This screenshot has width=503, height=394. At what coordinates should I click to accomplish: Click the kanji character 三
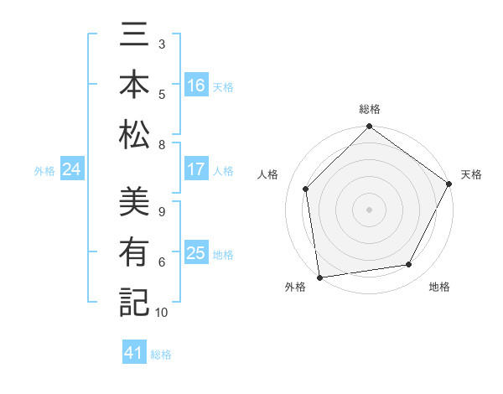click(133, 37)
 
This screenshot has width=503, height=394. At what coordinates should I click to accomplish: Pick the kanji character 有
click(133, 252)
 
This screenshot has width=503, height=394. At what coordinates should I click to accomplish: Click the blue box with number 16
click(196, 85)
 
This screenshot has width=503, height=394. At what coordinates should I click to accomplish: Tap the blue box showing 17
click(196, 169)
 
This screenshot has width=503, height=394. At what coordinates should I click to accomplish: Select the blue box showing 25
click(196, 253)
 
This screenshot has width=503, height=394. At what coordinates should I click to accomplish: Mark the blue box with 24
click(71, 169)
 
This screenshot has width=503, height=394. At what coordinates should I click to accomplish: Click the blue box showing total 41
click(135, 353)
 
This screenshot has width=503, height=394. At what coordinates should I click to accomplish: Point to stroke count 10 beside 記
click(162, 313)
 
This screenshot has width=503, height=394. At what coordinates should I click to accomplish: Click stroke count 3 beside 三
click(162, 44)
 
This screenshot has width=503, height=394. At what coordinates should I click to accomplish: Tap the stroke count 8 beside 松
click(162, 145)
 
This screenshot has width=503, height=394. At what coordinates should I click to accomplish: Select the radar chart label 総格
click(370, 109)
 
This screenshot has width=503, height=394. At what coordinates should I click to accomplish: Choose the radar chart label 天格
click(472, 174)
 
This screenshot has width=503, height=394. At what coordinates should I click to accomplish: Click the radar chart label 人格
click(268, 174)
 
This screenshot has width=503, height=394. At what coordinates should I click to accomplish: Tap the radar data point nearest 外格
click(319, 277)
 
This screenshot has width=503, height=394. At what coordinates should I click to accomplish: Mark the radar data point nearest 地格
click(409, 264)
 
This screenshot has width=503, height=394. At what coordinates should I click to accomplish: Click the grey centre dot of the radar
click(370, 209)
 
